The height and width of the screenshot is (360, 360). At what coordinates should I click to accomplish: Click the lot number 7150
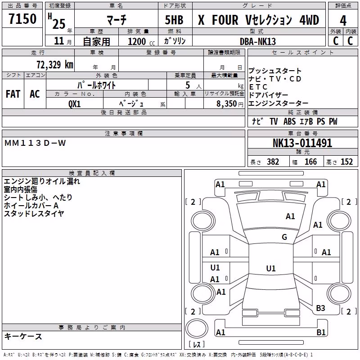pyautogui.click(x=22, y=19)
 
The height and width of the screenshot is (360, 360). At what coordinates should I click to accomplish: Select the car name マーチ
pyautogui.click(x=117, y=19)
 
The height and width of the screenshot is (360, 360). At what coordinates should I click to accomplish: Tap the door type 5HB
pyautogui.click(x=174, y=20)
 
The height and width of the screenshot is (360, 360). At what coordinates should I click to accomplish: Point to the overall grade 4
pyautogui.click(x=343, y=21)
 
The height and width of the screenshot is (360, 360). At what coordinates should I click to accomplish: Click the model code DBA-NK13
pyautogui.click(x=257, y=41)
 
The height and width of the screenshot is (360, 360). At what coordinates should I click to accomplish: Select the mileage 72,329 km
pyautogui.click(x=55, y=65)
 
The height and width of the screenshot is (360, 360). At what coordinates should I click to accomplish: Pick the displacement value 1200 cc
pyautogui.click(x=141, y=42)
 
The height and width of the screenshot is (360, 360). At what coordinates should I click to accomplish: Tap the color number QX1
pyautogui.click(x=74, y=104)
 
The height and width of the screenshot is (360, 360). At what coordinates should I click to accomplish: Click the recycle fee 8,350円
pyautogui.click(x=229, y=104)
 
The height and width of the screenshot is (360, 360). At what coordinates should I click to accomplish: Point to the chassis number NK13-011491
pyautogui.click(x=302, y=143)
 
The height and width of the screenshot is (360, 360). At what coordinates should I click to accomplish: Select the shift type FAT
pyautogui.click(x=13, y=94)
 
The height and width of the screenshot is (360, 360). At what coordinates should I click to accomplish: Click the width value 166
pyautogui.click(x=310, y=162)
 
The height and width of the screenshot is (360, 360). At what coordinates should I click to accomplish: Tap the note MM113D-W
pyautogui.click(x=35, y=143)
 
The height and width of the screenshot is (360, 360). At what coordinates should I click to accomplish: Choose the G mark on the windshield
pyautogui.click(x=284, y=237)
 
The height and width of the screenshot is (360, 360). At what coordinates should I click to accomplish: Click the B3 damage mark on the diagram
pyautogui.click(x=320, y=308)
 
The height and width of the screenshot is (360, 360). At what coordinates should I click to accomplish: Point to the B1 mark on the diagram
pyautogui.click(x=321, y=332)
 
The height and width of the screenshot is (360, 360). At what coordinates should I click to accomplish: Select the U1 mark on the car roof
pyautogui.click(x=271, y=268)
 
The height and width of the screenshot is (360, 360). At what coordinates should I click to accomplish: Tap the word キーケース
pyautogui.click(x=23, y=336)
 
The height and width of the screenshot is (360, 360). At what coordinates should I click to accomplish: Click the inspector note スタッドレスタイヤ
pyautogui.click(x=34, y=213)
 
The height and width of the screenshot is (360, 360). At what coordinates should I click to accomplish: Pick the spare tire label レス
pyautogui.click(x=197, y=344)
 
